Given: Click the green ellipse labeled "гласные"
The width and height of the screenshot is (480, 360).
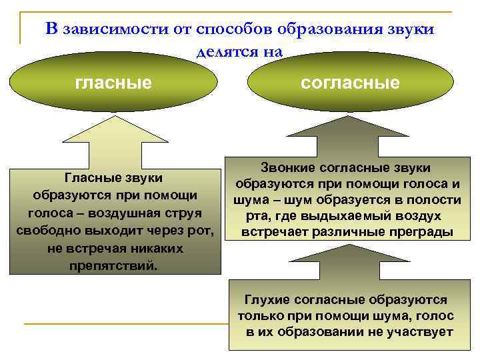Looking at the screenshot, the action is [x=113, y=83].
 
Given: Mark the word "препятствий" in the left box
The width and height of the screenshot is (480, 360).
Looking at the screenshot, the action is [x=114, y=266].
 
